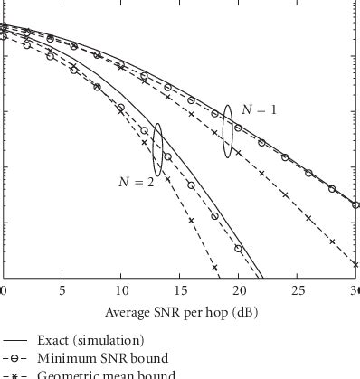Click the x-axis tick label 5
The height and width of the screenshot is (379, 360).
pyautogui.click(x=62, y=290)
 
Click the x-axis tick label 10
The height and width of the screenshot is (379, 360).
pyautogui.click(x=121, y=290)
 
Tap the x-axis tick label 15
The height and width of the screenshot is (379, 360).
pyautogui.click(x=181, y=290)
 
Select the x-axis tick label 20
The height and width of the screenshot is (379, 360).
pyautogui.click(x=241, y=290)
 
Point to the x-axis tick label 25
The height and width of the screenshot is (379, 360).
pyautogui.click(x=299, y=290)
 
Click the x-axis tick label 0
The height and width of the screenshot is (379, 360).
pyautogui.click(x=4, y=290)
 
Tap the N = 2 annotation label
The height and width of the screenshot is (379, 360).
pyautogui.click(x=137, y=182)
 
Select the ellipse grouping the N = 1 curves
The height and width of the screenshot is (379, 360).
pyautogui.click(x=227, y=132)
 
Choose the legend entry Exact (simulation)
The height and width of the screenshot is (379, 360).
pyautogui.click(x=90, y=341)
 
